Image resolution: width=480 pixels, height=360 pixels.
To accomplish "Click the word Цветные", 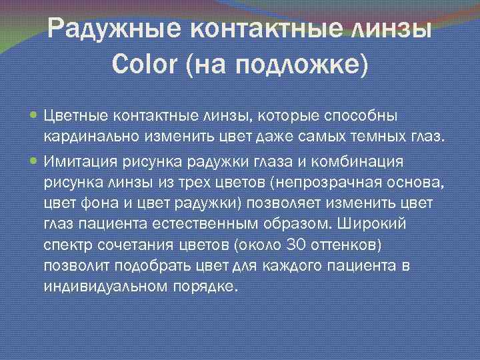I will click(x=75, y=116).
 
